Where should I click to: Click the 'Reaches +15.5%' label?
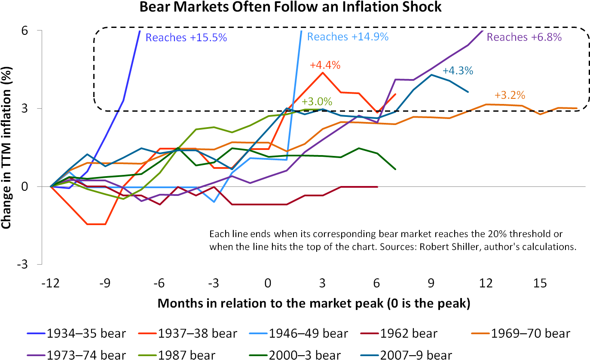pyautogui.click(x=186, y=38)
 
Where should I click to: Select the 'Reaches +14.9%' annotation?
pyautogui.click(x=348, y=37)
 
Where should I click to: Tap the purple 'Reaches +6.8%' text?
pyautogui.click(x=524, y=37)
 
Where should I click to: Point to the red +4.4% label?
pyautogui.click(x=325, y=65)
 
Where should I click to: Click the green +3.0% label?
pyautogui.click(x=317, y=102)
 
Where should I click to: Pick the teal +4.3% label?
pyautogui.click(x=458, y=71)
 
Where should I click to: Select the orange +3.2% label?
pyautogui.click(x=510, y=95)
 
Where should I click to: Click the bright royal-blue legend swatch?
pyautogui.click(x=36, y=333)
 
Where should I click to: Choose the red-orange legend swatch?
pyautogui.click(x=147, y=333)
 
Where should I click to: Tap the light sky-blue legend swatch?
pyautogui.click(x=258, y=333)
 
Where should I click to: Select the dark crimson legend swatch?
pyautogui.click(x=370, y=333)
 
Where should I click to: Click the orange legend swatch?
pyautogui.click(x=480, y=333)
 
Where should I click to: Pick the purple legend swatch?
pyautogui.click(x=36, y=355)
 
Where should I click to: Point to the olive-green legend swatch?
pyautogui.click(x=147, y=355)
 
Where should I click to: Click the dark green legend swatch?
pyautogui.click(x=258, y=355)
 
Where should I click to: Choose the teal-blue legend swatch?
pyautogui.click(x=370, y=355)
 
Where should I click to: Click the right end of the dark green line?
pyautogui.click(x=395, y=169)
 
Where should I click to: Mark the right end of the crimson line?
pyautogui.click(x=377, y=187)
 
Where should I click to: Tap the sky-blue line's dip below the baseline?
pyautogui.click(x=214, y=201)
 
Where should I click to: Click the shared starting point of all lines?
pyautogui.click(x=51, y=187)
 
